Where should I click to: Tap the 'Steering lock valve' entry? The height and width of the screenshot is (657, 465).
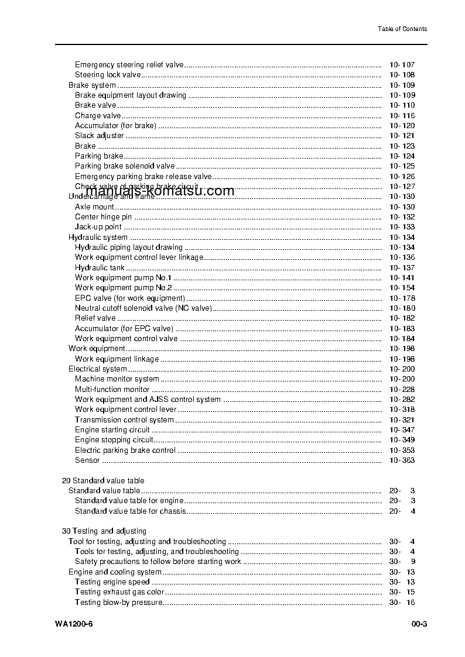point(108,75)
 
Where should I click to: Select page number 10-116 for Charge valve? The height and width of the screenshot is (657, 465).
point(402,116)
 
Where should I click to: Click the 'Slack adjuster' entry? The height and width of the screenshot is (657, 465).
point(99,136)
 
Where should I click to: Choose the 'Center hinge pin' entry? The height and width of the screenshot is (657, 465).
point(104,217)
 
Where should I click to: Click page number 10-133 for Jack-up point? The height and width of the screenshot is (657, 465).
point(402,227)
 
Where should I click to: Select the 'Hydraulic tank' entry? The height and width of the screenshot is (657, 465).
point(100,267)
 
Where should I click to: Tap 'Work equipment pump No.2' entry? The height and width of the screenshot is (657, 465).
point(123,288)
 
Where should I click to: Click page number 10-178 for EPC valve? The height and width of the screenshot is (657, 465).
point(402,298)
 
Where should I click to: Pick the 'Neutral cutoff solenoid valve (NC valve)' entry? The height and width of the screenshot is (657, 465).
point(143,308)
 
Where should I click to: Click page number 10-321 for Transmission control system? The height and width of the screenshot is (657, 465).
point(402,420)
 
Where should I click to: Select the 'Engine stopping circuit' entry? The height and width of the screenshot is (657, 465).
point(114,440)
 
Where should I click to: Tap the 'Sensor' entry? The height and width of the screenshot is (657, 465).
point(87,460)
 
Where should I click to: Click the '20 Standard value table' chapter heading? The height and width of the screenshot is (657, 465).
point(103,481)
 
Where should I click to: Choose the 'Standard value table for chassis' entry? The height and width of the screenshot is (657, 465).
point(130,511)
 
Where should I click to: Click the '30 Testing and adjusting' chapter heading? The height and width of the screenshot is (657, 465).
point(104,531)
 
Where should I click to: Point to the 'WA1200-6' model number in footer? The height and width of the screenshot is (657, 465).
point(74,624)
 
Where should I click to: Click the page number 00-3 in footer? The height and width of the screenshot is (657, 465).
point(419,624)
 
